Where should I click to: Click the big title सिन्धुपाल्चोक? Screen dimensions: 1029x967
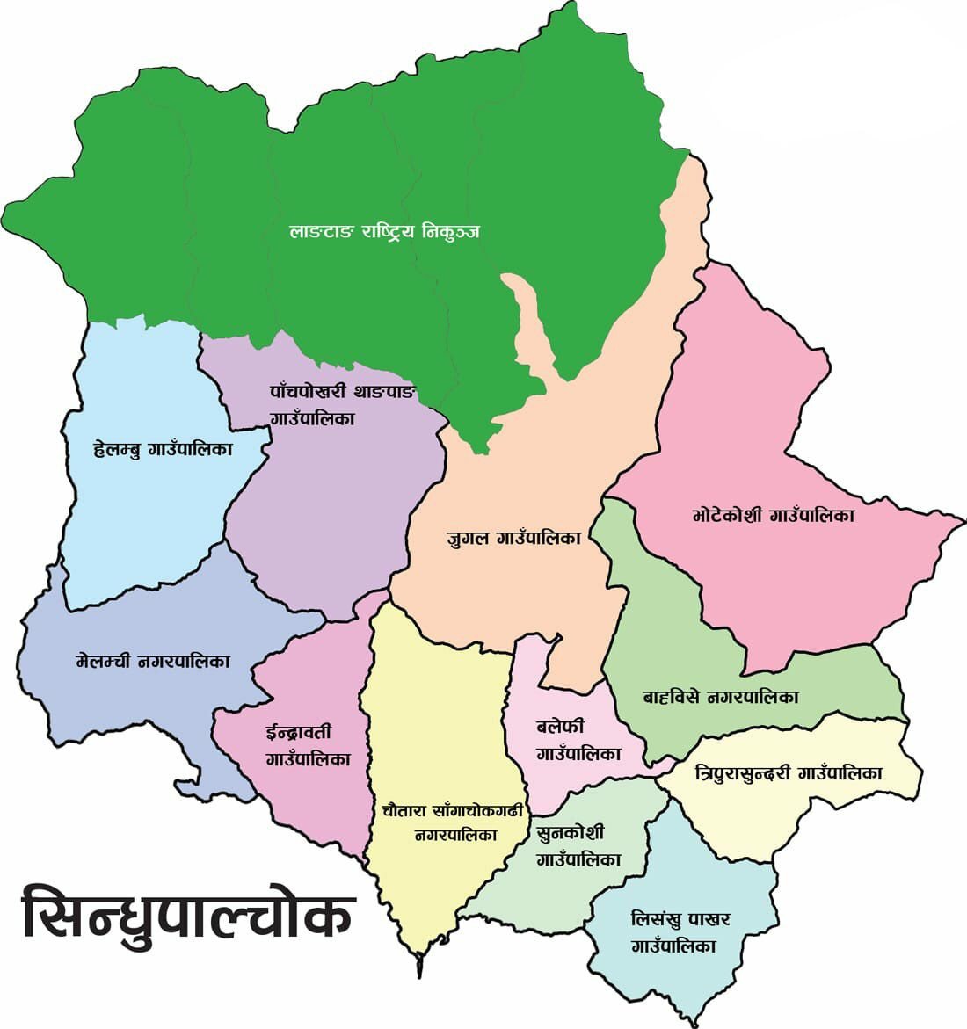[x=187, y=913]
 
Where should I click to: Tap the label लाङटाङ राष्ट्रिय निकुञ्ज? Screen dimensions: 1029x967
[x=384, y=232]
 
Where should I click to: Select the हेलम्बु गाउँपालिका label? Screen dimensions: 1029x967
[x=163, y=450]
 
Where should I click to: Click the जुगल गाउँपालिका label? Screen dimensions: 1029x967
[x=513, y=538]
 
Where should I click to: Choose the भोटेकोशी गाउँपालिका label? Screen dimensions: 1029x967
[x=773, y=515]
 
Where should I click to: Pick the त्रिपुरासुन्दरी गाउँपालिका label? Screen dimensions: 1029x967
[x=789, y=773]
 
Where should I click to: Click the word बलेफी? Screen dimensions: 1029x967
[x=560, y=728]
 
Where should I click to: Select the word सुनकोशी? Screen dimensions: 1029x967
[x=570, y=831]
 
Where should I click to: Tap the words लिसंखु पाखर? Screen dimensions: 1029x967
[x=680, y=920]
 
